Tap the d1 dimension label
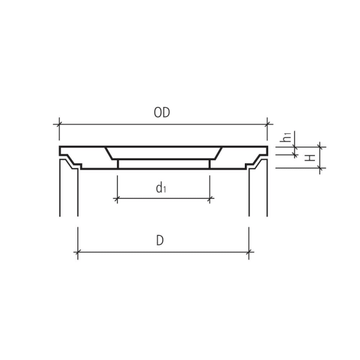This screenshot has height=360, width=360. click(x=161, y=188)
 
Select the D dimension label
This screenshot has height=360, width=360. click(x=160, y=241)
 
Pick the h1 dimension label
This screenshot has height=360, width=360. click(x=288, y=137)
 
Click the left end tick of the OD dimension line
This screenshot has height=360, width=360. click(x=59, y=124)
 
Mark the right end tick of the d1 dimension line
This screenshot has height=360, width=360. click(x=209, y=199)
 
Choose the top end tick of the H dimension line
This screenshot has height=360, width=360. click(x=321, y=146)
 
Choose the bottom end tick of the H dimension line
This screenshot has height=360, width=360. click(x=321, y=169)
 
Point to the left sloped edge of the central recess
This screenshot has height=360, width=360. click(x=110, y=153)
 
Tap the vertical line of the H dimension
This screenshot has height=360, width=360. click(x=321, y=157)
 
